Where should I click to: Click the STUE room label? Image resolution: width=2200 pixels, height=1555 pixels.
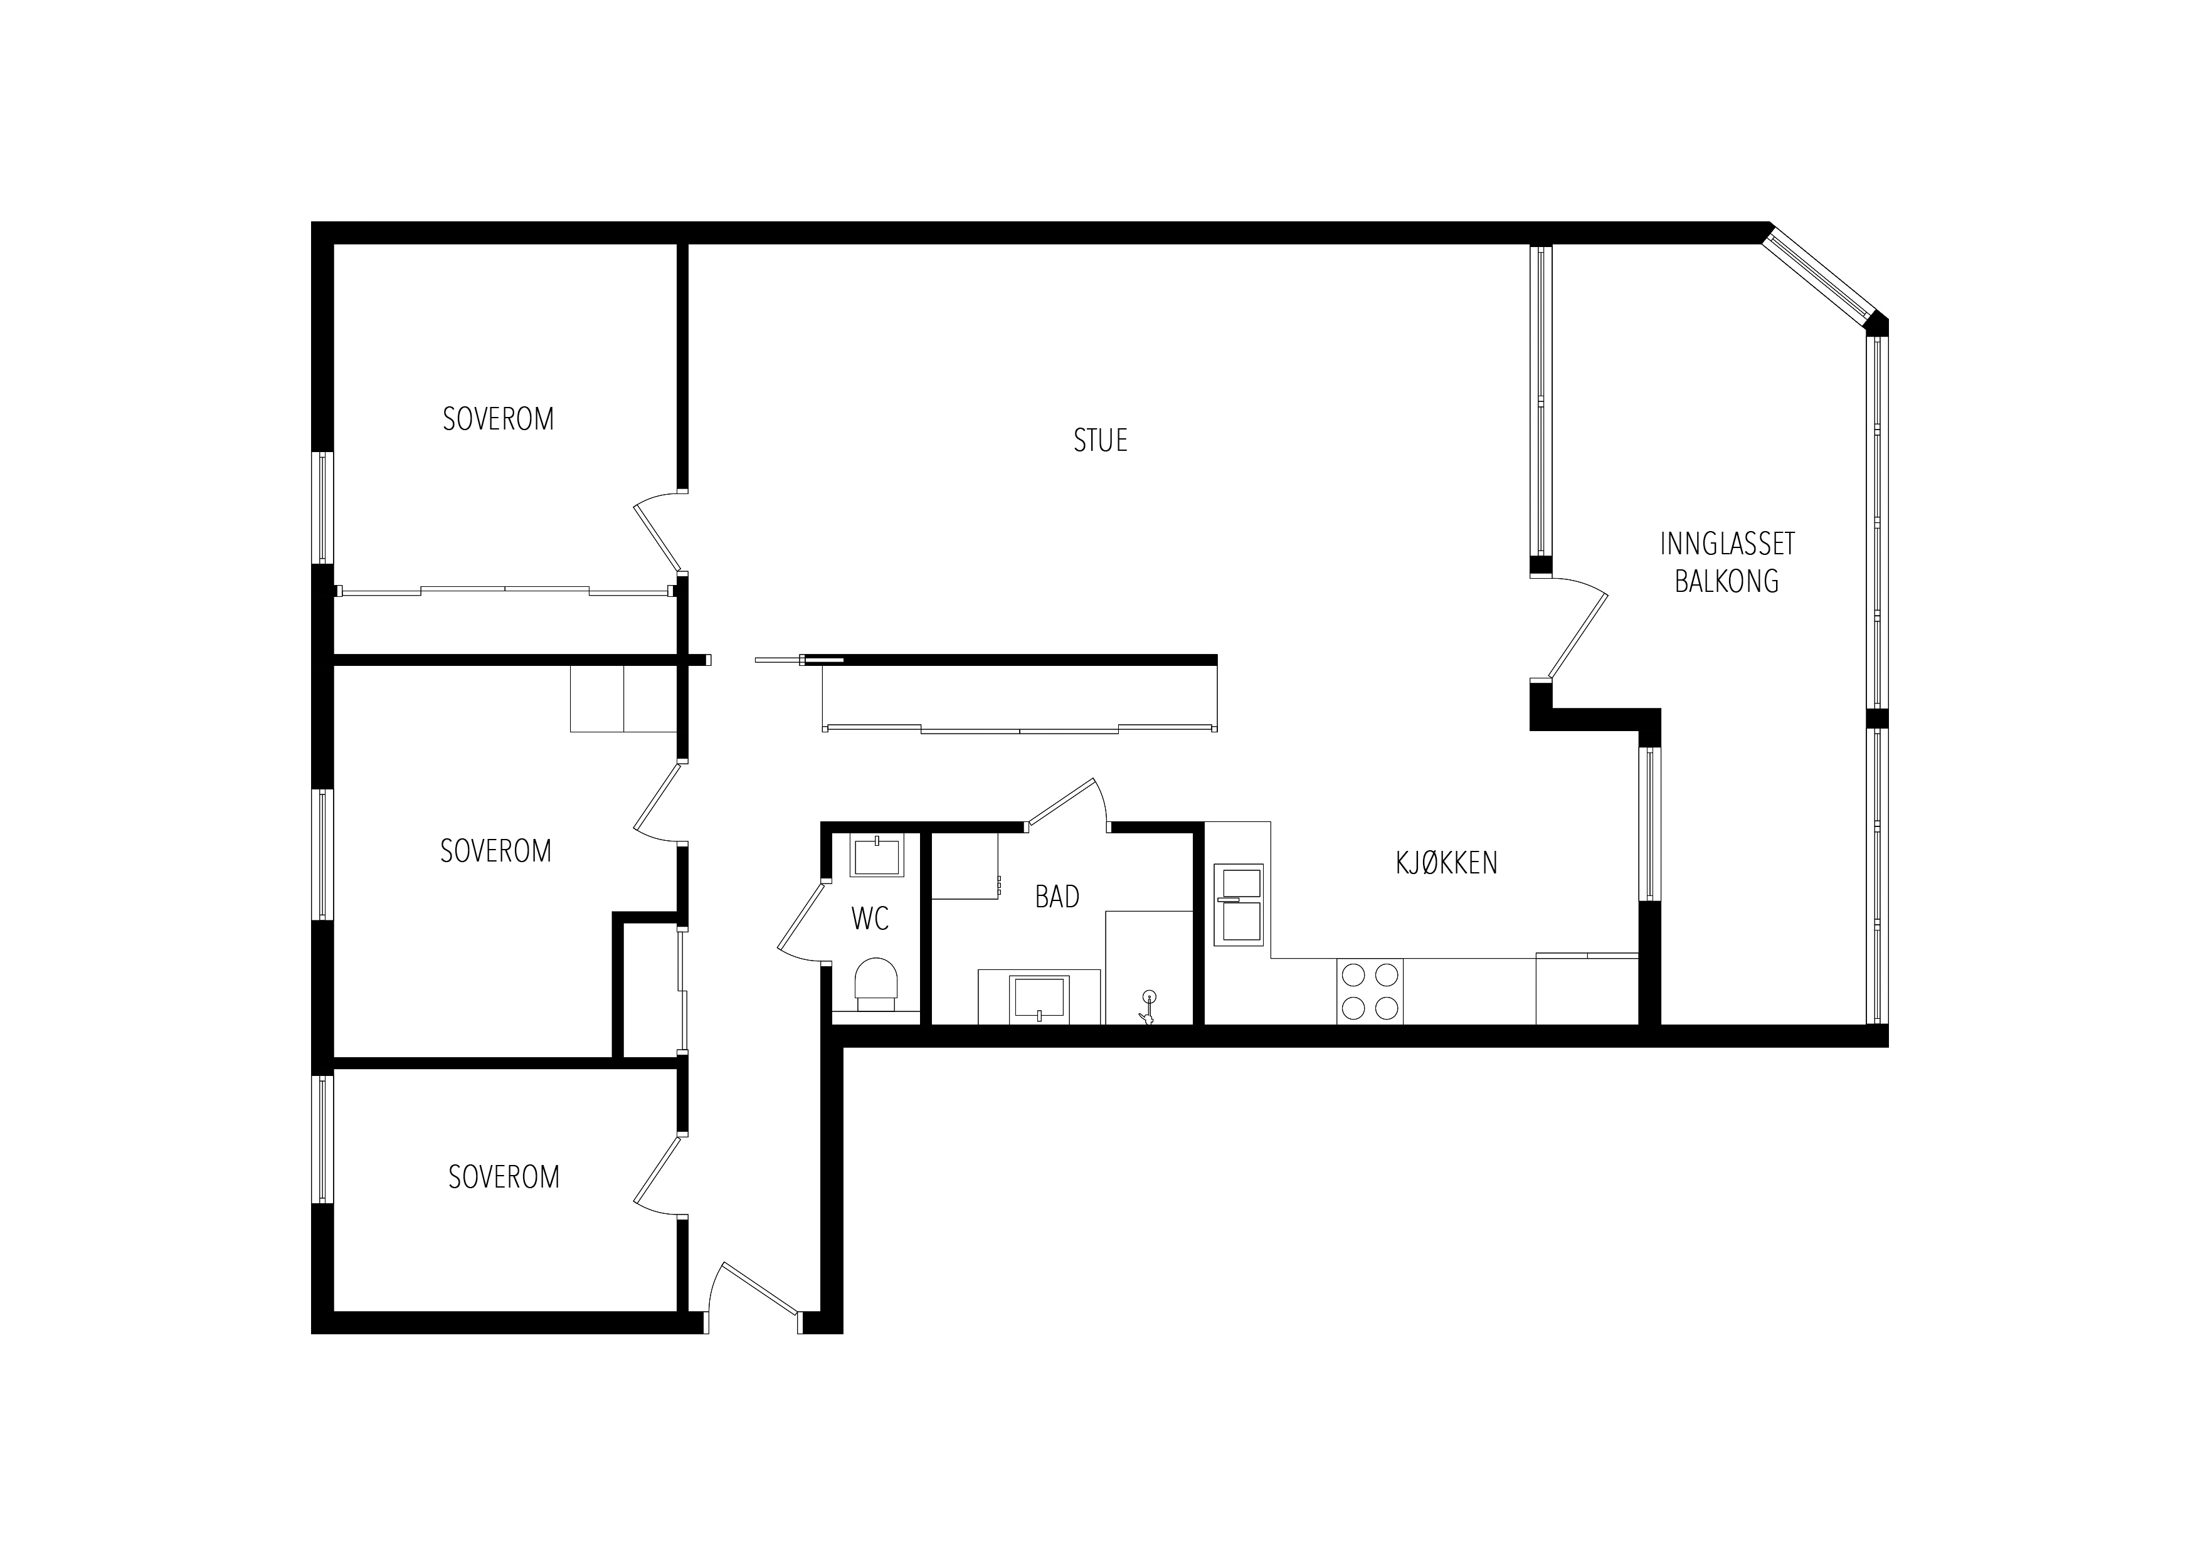(1100, 441)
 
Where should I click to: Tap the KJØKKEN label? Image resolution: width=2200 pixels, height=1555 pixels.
(1446, 863)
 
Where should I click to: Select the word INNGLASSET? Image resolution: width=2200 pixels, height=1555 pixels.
(1727, 544)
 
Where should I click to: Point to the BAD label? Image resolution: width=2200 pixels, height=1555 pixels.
(1057, 897)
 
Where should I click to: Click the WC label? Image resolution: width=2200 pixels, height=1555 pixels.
(870, 919)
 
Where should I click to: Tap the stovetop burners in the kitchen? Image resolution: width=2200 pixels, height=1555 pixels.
(1370, 991)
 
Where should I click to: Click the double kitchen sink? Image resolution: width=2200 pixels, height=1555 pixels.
(1239, 904)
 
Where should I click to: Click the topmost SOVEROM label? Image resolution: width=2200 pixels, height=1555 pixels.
(498, 419)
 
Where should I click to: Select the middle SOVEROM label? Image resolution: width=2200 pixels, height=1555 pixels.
(495, 851)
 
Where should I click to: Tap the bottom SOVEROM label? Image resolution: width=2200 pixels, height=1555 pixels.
(504, 1176)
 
